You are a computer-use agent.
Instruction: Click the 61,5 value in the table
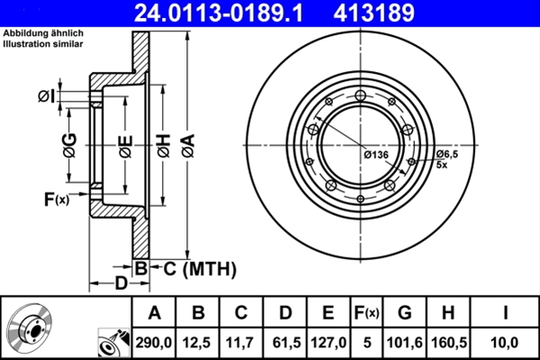coord(285,342)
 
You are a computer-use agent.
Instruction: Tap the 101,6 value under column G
coord(405,342)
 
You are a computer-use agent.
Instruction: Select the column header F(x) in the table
coord(367,313)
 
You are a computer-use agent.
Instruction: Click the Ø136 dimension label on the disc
coord(375,156)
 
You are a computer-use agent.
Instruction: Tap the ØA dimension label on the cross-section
coord(187,142)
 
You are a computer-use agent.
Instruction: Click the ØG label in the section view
coord(69,142)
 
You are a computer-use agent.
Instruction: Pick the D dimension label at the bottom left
coord(120,284)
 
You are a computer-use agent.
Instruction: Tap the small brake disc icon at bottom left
coord(33,328)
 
